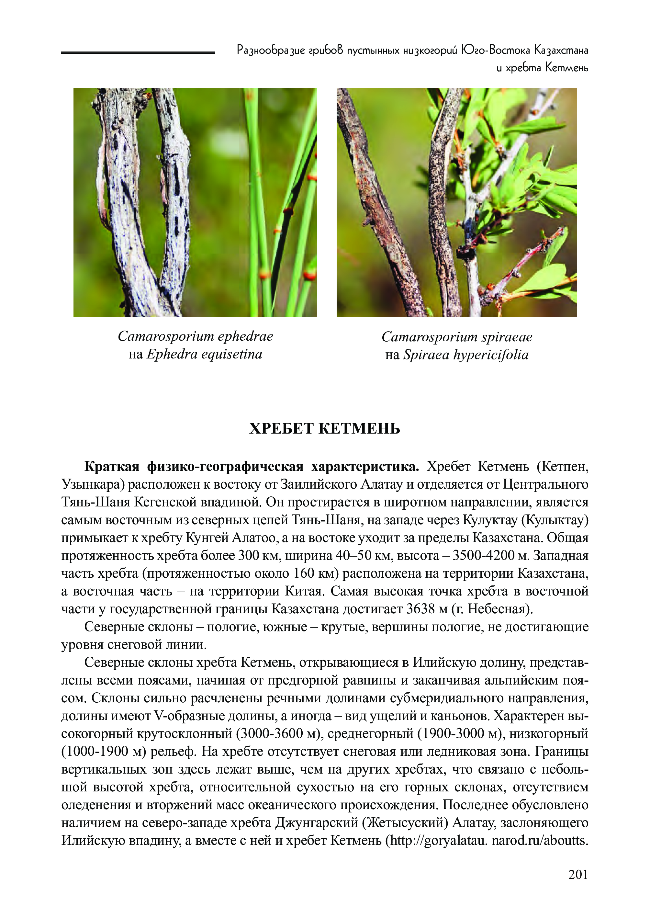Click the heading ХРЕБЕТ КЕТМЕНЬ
pos(325,429)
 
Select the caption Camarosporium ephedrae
pos(195,336)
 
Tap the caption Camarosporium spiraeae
pos(457,337)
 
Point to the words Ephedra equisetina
pos(204,354)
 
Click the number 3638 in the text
pos(420,609)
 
